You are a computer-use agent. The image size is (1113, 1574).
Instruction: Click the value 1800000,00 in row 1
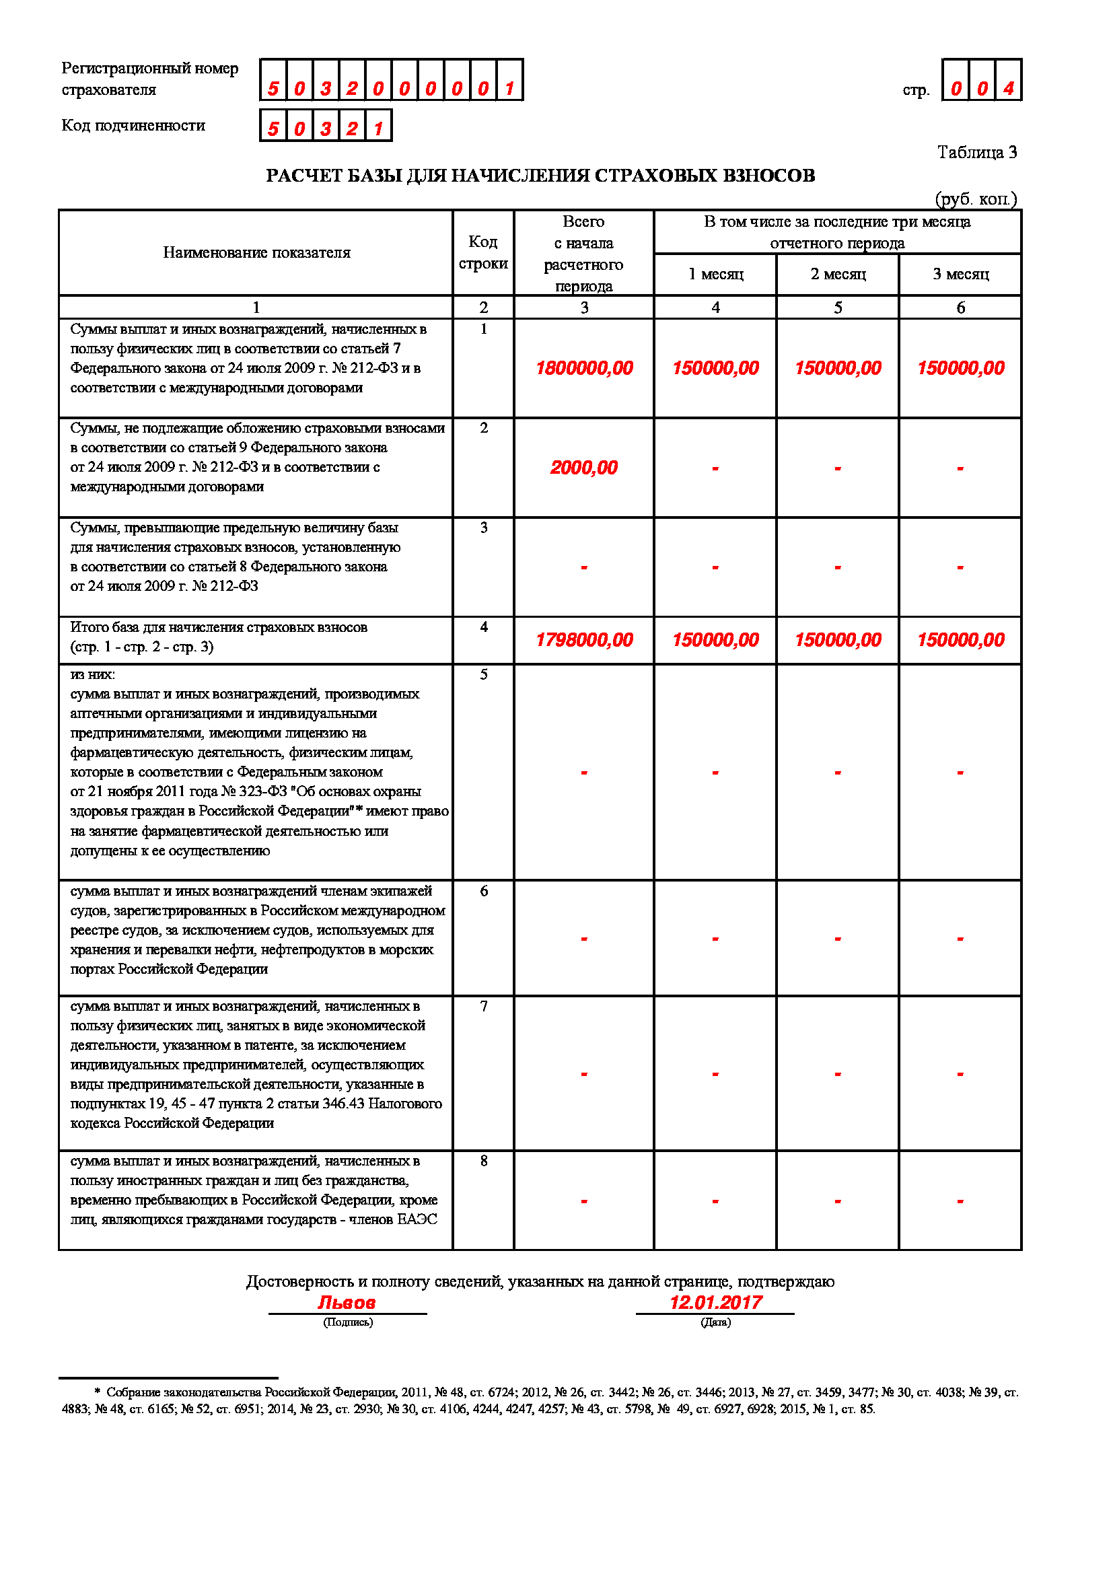[x=584, y=368]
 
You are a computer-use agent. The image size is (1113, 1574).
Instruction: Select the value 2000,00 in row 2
[x=584, y=468]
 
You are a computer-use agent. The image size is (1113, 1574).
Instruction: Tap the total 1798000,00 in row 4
[x=584, y=639]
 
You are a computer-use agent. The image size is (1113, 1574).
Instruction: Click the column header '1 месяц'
[x=715, y=274]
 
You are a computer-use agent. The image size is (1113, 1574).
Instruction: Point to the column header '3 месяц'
[x=960, y=274]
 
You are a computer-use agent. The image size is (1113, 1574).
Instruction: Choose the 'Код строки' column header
[x=483, y=252]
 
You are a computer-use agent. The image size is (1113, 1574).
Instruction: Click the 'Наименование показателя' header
[x=256, y=252]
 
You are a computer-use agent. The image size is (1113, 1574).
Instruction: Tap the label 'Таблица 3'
[x=976, y=152]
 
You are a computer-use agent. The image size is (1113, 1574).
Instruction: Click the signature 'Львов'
[x=347, y=1303]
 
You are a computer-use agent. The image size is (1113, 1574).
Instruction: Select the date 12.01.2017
[x=715, y=1303]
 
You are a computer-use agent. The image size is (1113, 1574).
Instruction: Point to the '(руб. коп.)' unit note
[x=976, y=199]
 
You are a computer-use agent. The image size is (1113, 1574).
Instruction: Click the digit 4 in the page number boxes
[x=1008, y=88]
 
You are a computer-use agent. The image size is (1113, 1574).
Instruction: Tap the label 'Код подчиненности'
[x=134, y=125]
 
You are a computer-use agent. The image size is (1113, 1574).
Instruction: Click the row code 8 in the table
[x=484, y=1161]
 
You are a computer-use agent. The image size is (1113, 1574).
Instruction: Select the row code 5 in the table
[x=484, y=674]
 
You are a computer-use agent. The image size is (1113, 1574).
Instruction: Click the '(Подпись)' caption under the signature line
[x=348, y=1322]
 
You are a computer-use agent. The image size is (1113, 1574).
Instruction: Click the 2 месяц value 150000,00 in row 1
[x=838, y=368]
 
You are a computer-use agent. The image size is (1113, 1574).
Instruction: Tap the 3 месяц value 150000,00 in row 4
[x=960, y=639]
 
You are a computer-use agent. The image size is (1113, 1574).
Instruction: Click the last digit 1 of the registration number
[x=509, y=88]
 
